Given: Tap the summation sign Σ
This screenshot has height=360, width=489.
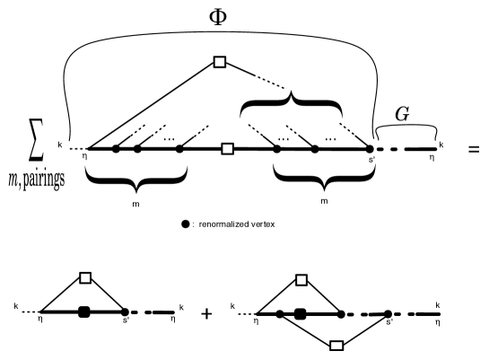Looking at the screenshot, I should (x=34, y=144).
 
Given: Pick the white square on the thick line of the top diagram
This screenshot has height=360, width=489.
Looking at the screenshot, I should (x=227, y=148).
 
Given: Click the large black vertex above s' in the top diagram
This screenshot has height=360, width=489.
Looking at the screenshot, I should (x=371, y=148).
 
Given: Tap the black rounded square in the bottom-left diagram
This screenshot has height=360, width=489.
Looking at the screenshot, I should (x=86, y=312).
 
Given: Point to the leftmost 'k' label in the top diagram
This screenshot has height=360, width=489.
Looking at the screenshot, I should (x=58, y=143).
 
